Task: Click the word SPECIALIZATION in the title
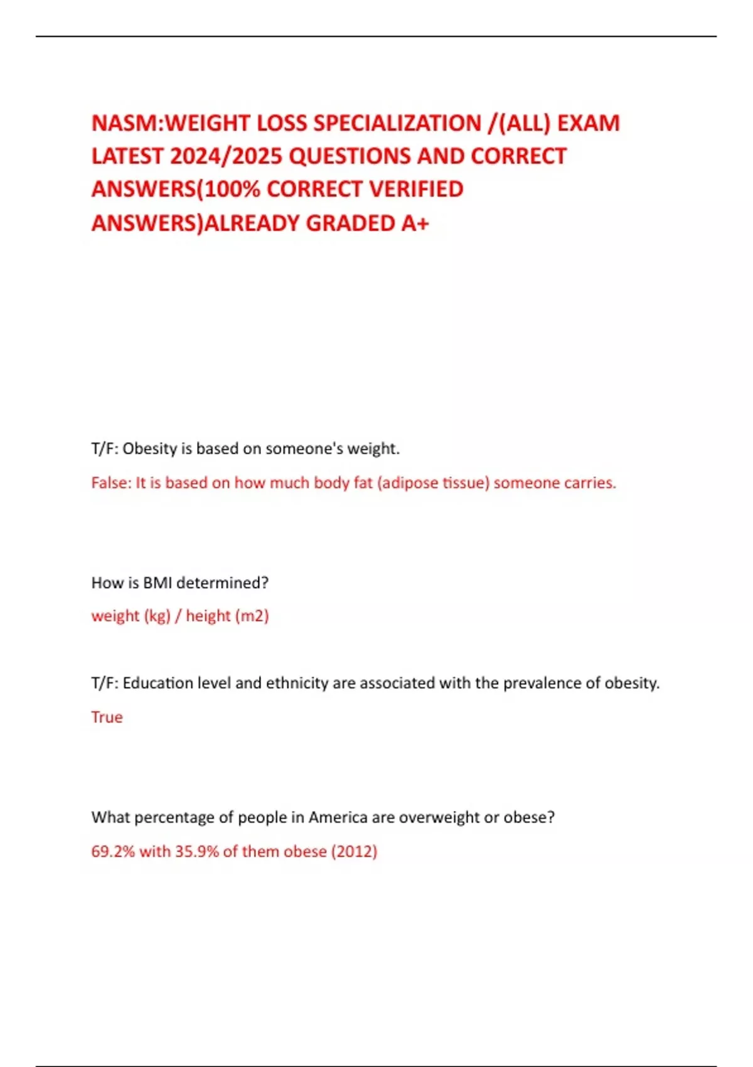[x=397, y=123]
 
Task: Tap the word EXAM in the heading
[x=588, y=123]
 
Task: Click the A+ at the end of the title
[x=415, y=223]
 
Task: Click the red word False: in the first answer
[x=110, y=483]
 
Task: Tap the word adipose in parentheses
[x=408, y=483]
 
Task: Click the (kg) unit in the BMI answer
[x=157, y=616]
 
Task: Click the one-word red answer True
[x=107, y=717]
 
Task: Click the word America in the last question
[x=338, y=817]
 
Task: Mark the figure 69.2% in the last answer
[x=113, y=851]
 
